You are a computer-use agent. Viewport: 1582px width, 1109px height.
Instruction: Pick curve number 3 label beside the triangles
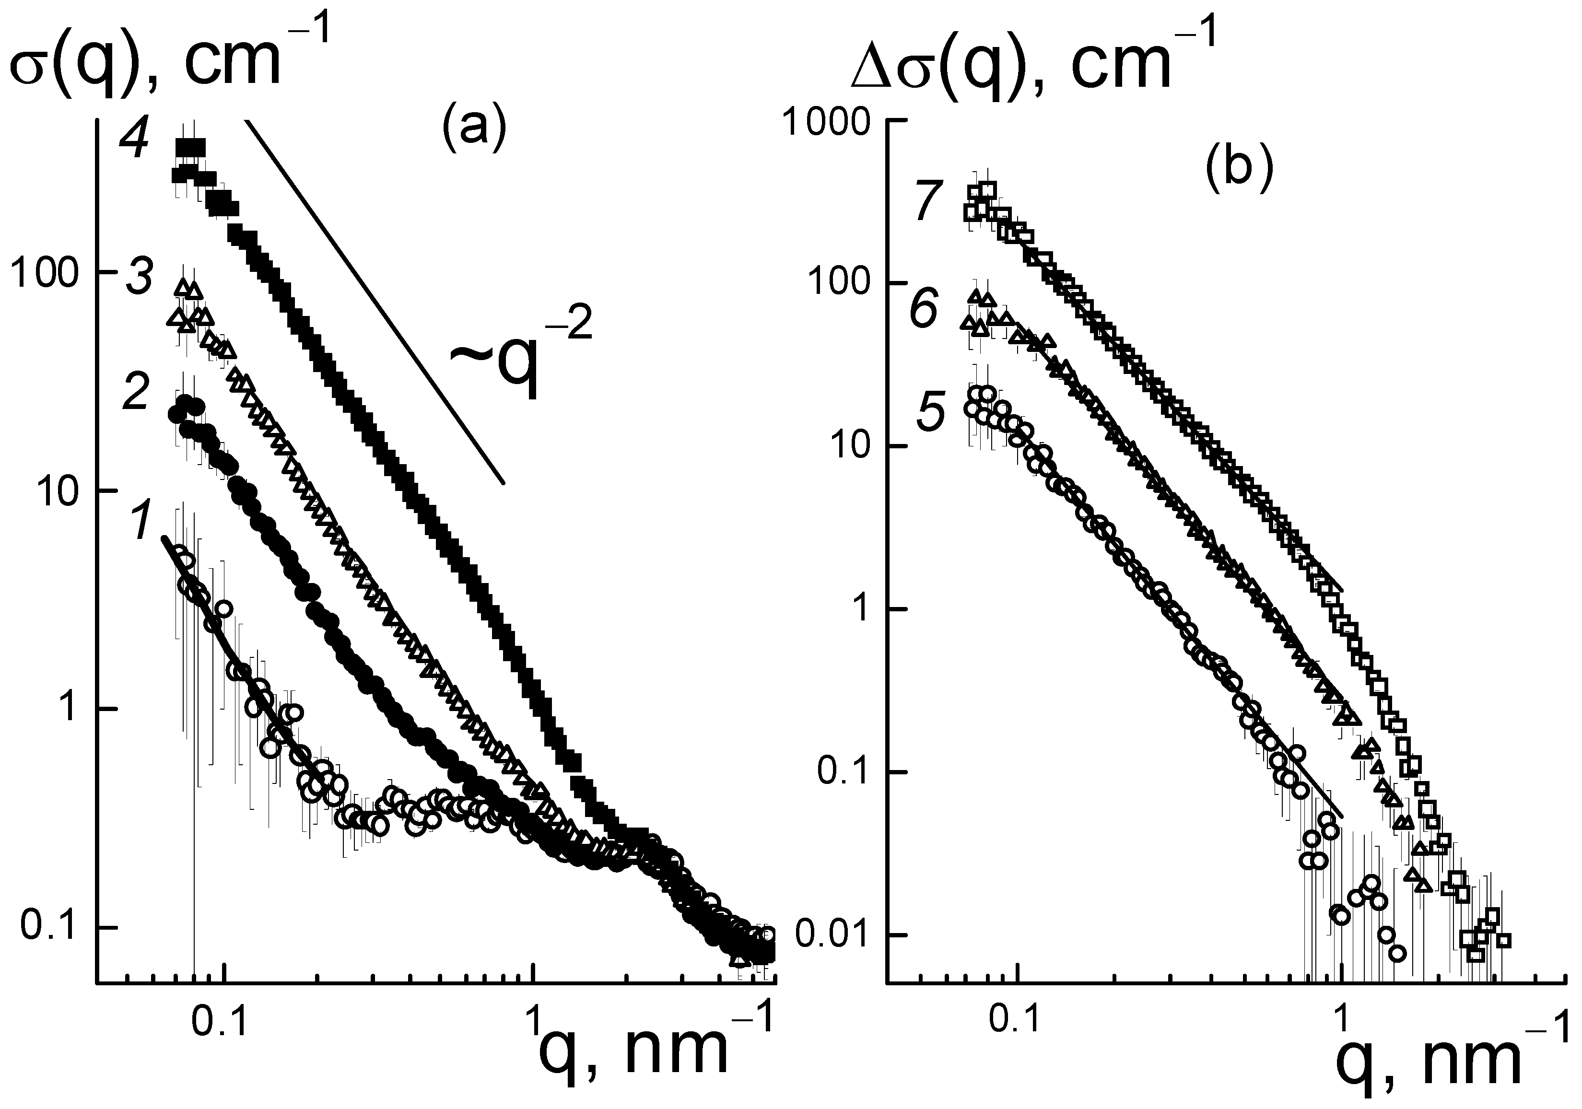pyautogui.click(x=140, y=280)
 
